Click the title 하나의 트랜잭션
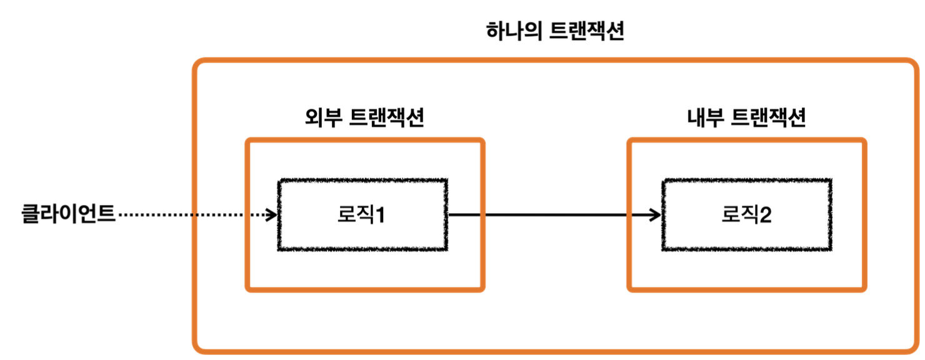(x=555, y=32)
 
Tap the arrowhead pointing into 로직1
(x=271, y=215)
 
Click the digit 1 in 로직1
(x=379, y=216)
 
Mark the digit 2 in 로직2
(x=765, y=216)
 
